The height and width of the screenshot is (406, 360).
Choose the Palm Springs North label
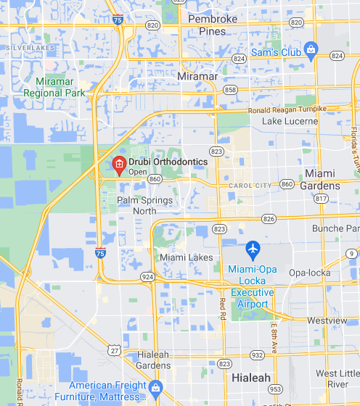point(145,205)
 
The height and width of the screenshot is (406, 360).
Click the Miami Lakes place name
point(187,257)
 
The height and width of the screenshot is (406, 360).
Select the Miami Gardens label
point(320,180)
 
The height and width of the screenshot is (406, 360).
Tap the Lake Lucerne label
point(290,121)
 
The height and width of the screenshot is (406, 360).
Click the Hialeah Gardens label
point(154,360)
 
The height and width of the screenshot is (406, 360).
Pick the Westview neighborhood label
point(327,320)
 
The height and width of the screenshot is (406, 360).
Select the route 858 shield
point(231,89)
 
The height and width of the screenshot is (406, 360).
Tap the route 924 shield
point(148,276)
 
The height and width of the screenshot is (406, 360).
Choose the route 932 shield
point(256,355)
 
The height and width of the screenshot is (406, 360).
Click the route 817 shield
point(322,198)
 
